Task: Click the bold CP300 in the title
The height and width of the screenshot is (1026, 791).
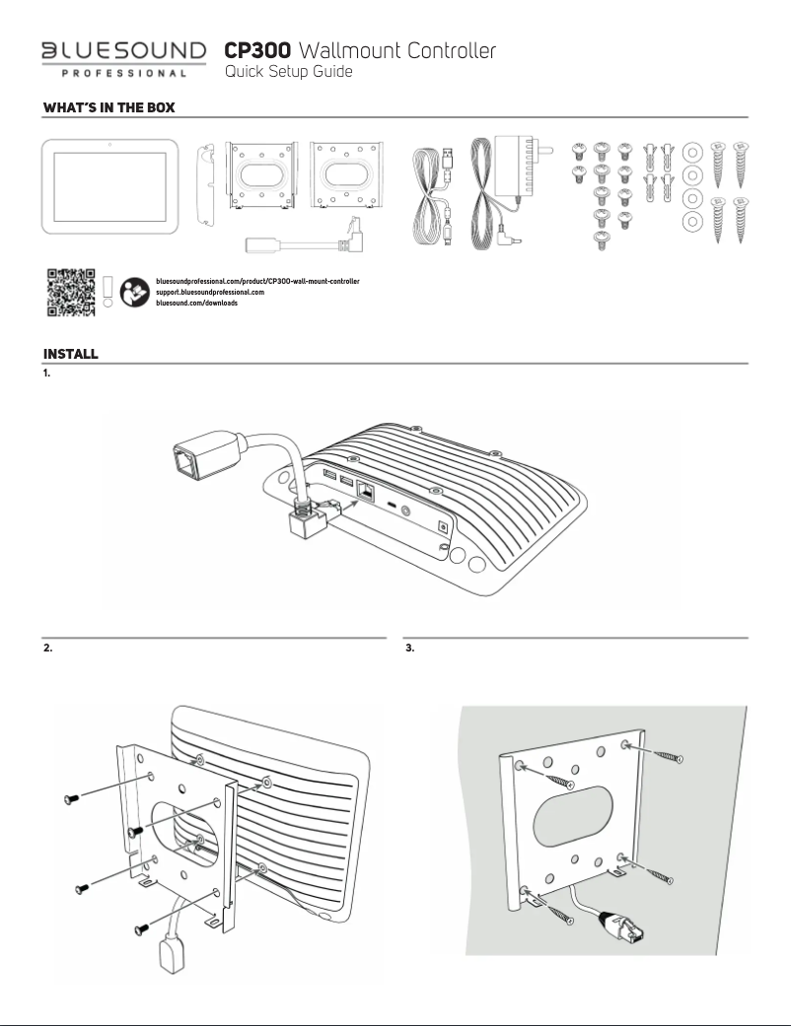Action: click(258, 49)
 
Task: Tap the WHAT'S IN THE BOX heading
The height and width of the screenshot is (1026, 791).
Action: click(108, 107)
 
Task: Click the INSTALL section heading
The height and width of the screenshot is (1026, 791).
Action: click(69, 353)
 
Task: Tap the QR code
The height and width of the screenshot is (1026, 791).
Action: click(72, 292)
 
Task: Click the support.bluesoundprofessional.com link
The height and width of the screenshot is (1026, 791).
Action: click(211, 293)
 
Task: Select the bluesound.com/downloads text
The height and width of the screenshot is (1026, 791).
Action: click(197, 304)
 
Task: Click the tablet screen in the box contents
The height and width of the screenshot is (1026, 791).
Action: click(109, 186)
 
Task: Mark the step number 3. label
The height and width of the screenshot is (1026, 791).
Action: click(410, 649)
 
